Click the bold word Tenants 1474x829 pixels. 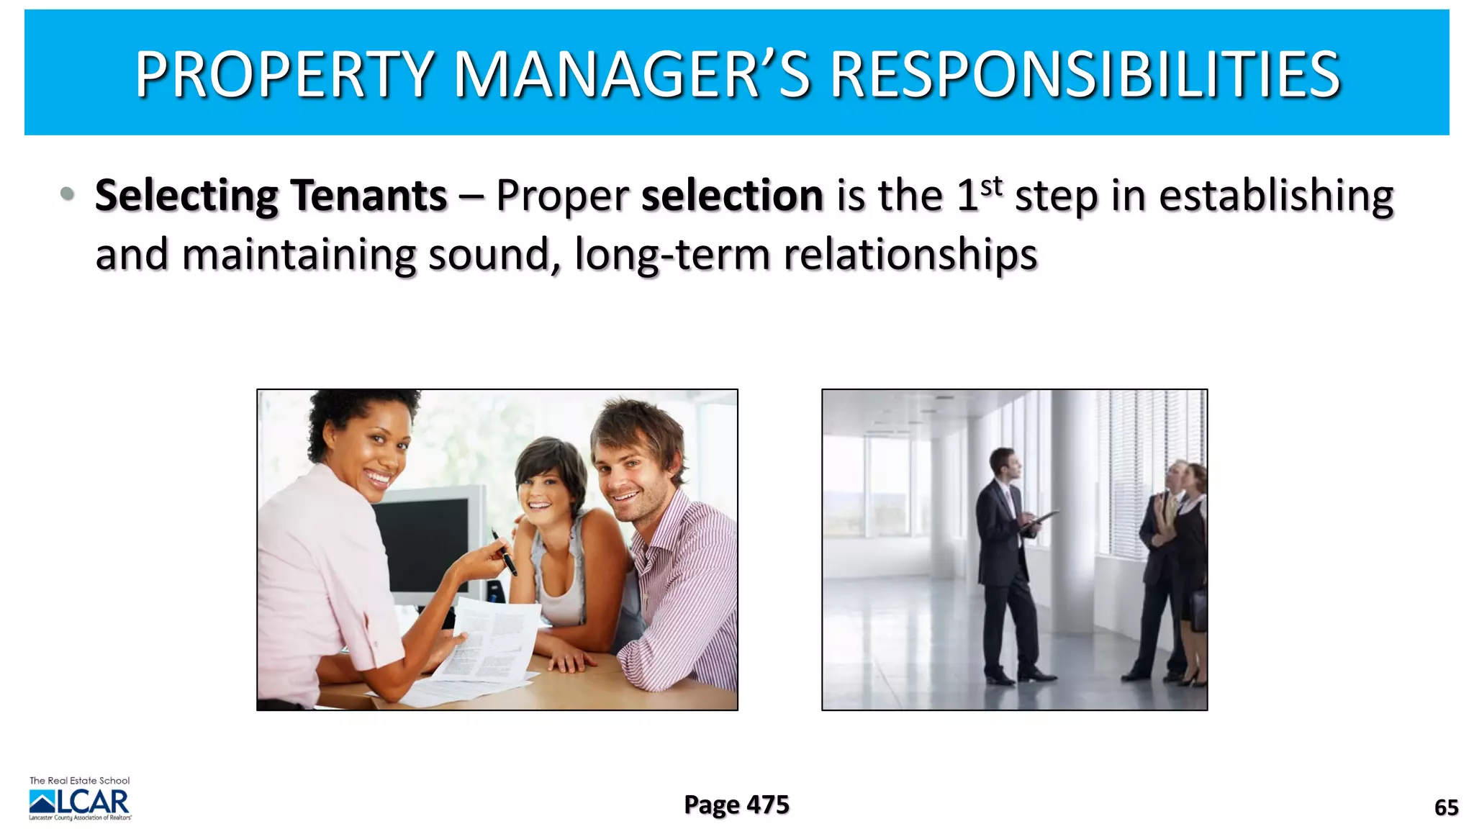[368, 195]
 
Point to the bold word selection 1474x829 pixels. [732, 195]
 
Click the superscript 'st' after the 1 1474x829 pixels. [992, 186]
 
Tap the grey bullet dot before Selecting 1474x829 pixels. [67, 193]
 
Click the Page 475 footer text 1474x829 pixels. [736, 805]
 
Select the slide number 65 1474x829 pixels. [1446, 807]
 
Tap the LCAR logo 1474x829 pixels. [79, 801]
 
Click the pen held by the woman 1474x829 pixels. [504, 552]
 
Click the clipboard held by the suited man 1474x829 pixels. [1040, 520]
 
